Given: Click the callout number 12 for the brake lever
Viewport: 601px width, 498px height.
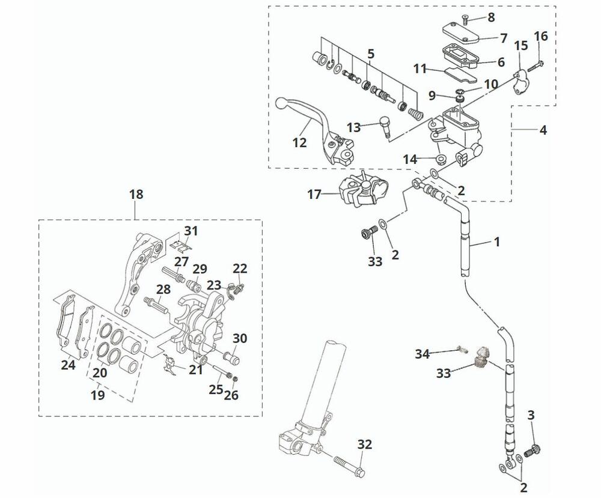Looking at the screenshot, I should pos(299,143).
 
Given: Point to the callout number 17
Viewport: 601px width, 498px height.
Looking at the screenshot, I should pos(315,194).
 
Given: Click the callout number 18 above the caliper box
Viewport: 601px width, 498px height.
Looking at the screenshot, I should pos(136,194).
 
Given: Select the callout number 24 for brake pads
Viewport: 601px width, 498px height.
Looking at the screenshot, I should pos(69,364).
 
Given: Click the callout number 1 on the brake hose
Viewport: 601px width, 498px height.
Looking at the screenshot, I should pos(496,241).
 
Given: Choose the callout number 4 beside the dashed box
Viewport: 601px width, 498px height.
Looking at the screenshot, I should pos(543,129).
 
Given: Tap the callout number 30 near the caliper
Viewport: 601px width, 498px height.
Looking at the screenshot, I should pos(239,338).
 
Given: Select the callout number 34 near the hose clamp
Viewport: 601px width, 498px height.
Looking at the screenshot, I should pos(423,354).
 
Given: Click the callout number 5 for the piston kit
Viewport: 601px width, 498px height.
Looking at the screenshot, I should pos(371,54).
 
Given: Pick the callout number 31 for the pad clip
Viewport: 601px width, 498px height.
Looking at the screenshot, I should pos(191,231).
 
